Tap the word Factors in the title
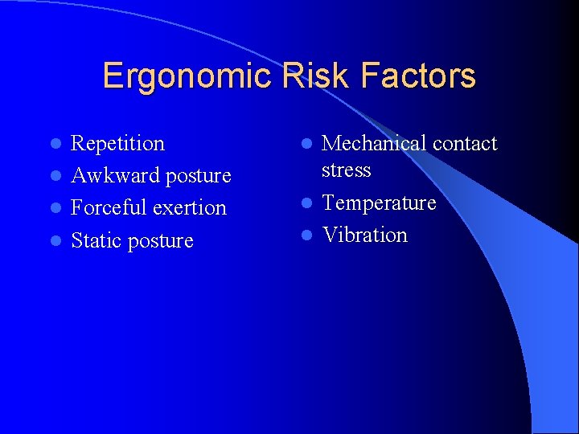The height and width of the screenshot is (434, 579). [x=418, y=77]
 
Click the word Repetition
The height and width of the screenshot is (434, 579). [x=117, y=144]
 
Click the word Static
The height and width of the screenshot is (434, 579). [x=93, y=241]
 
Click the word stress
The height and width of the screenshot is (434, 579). [x=346, y=170]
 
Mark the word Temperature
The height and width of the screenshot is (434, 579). [x=379, y=203]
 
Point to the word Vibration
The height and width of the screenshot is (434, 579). [x=364, y=235]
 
